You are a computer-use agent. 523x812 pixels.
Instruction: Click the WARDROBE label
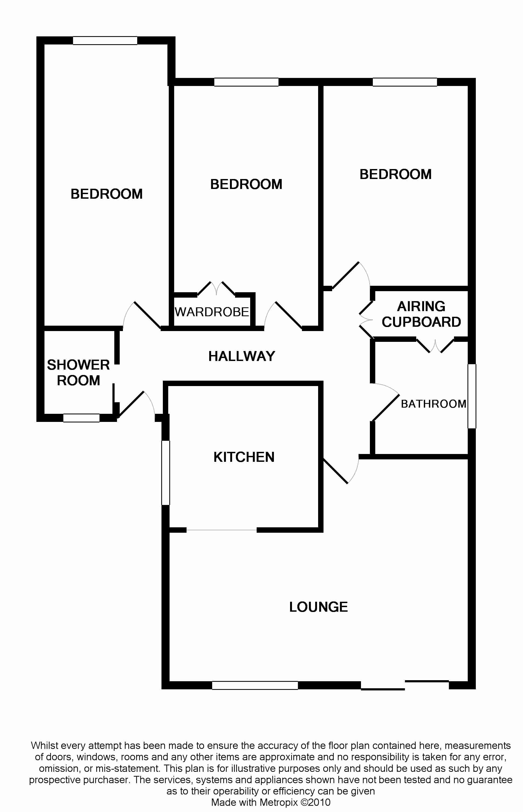(212, 312)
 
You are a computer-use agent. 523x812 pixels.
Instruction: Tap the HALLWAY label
(242, 356)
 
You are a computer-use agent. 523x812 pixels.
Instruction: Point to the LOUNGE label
(318, 607)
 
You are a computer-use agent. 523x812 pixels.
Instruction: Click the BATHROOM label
(433, 404)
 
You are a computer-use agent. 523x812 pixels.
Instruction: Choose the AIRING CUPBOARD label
(421, 314)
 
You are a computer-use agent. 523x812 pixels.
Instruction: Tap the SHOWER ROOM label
(78, 373)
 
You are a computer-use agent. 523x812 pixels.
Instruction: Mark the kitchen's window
(165, 473)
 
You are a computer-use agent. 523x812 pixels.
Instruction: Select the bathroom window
(472, 396)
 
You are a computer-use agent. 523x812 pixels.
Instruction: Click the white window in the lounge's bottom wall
(255, 685)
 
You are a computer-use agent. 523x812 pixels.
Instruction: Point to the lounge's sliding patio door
(405, 685)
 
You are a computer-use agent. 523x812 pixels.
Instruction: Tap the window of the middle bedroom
(246, 82)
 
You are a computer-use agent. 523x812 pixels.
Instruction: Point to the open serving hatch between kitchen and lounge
(221, 530)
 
